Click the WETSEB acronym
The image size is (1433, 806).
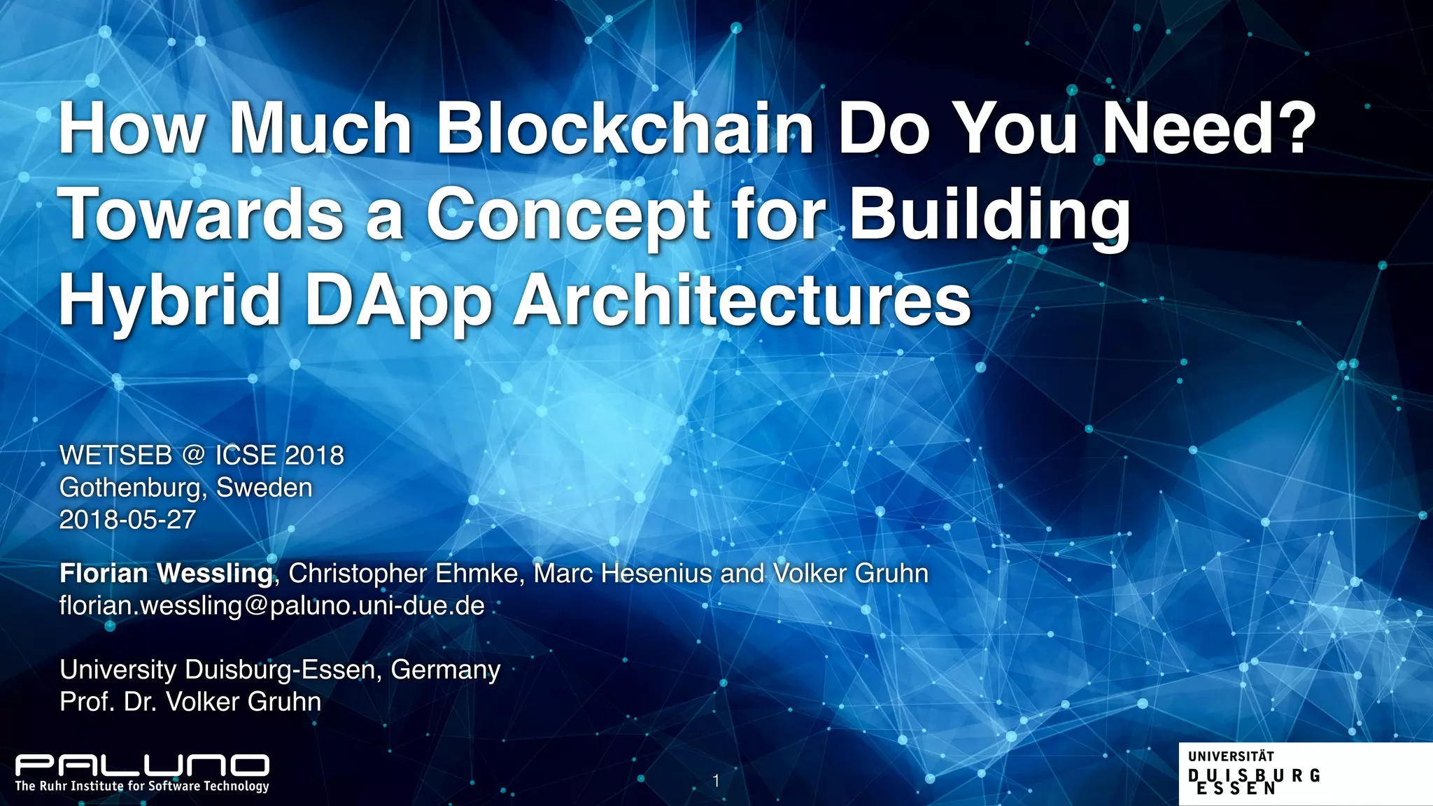click(115, 455)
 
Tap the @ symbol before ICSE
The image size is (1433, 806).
click(193, 455)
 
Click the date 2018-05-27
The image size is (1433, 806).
click(127, 520)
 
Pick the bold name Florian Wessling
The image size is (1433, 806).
click(166, 574)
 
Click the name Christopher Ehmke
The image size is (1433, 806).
click(403, 574)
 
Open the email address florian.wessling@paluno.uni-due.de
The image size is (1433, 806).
click(271, 605)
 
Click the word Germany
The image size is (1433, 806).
click(446, 670)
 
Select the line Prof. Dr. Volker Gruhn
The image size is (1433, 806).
click(190, 702)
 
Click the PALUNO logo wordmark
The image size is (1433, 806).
click(142, 765)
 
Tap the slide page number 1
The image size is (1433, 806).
click(716, 781)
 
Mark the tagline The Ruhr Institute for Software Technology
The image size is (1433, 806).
click(142, 786)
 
